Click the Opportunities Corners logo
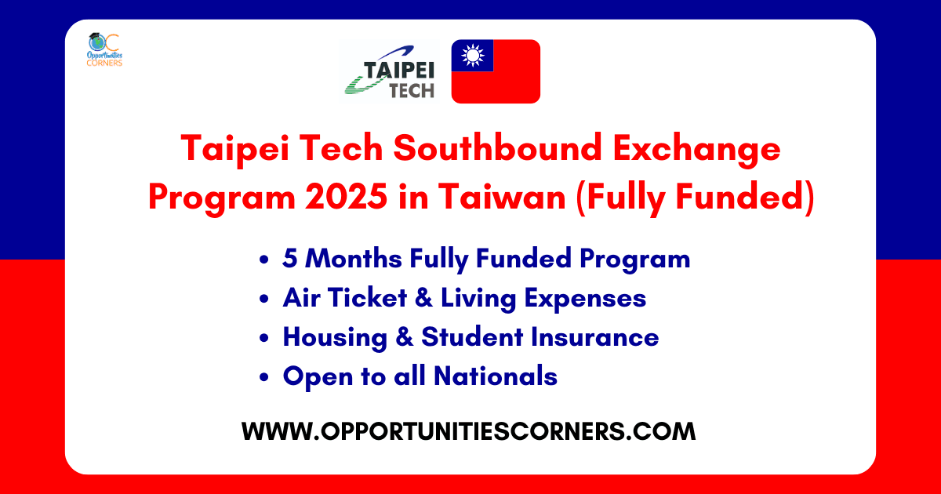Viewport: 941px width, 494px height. [x=104, y=50]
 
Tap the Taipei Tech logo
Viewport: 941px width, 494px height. [x=390, y=72]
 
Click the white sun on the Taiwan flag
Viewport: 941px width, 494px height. [x=473, y=56]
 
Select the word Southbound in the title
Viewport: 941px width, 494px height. [x=497, y=148]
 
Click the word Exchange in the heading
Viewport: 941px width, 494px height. [x=696, y=149]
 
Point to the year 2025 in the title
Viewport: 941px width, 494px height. [x=346, y=197]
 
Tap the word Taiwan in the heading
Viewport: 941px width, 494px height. [x=503, y=197]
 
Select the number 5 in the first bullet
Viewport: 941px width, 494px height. [x=290, y=258]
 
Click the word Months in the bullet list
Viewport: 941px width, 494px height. [x=354, y=258]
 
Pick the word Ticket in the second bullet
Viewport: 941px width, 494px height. [x=368, y=298]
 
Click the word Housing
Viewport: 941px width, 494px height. [x=335, y=338]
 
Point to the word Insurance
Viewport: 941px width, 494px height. [x=595, y=337]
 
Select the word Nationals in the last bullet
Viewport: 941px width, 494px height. [x=496, y=376]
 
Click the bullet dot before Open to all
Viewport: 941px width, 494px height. [x=263, y=377]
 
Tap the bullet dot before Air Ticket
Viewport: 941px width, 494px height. [x=263, y=299]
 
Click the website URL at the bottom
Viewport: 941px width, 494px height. [x=468, y=431]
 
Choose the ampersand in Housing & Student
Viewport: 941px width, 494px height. [x=404, y=337]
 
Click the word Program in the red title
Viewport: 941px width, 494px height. [x=222, y=198]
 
